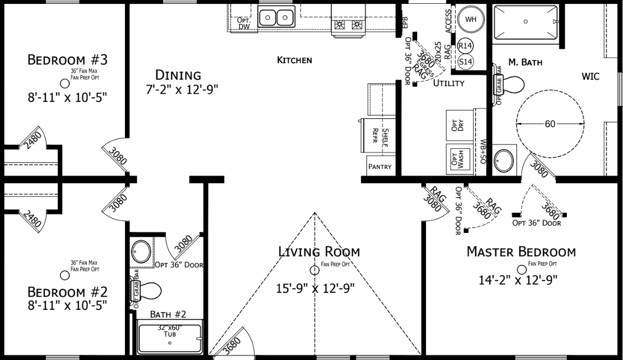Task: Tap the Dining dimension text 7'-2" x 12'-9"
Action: (x=178, y=89)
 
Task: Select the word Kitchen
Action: (x=295, y=60)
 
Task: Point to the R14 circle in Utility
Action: (x=465, y=46)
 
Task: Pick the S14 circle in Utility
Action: (x=465, y=62)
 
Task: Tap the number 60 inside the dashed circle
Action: (x=549, y=124)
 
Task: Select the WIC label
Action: (x=590, y=77)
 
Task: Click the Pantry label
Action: (x=380, y=167)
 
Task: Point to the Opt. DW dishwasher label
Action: (x=243, y=23)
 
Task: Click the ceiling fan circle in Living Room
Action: (x=315, y=269)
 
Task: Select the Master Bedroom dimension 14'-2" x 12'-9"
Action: (x=521, y=280)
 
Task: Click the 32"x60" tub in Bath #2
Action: (x=170, y=338)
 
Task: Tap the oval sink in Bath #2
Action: (x=142, y=251)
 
